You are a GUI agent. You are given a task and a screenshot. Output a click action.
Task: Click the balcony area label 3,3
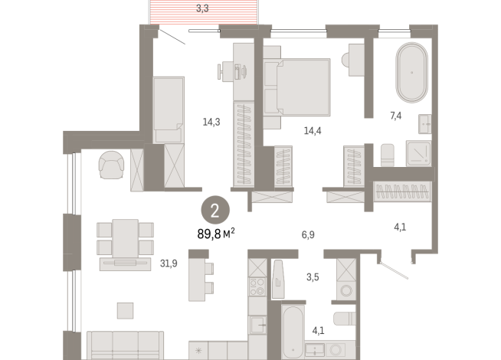pos(202,8)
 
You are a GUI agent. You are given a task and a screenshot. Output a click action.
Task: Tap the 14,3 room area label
pos(211,122)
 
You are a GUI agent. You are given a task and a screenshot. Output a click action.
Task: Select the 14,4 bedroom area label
pos(313,131)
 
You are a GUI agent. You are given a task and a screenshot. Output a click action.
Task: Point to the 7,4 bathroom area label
pos(396,116)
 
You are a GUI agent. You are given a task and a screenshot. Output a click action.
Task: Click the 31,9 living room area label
pos(169,263)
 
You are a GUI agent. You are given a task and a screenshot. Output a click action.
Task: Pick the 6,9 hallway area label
pos(308,235)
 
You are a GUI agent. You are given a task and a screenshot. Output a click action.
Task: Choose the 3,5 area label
pos(313,277)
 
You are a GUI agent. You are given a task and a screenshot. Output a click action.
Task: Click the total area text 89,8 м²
pos(216,234)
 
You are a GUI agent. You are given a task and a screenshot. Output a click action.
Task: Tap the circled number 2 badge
pos(215,210)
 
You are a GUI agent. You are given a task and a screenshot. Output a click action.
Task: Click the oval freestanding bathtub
pos(412,73)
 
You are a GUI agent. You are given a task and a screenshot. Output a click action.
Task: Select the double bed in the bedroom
pos(297,87)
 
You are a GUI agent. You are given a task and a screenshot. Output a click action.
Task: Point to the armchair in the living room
pos(111,165)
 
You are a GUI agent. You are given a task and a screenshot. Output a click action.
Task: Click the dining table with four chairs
pos(126,238)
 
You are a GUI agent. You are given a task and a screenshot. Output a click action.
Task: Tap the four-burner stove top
pos(257,286)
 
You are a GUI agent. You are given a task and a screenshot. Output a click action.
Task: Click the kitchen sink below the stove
pos(257,325)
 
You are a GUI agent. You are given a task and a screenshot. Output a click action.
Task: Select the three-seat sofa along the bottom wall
pos(126,345)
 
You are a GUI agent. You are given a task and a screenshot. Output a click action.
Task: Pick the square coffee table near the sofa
pos(125,310)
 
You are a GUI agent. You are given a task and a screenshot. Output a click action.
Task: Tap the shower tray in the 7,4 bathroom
pos(418,153)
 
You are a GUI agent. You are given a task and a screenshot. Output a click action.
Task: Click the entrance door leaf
pos(394,271)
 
